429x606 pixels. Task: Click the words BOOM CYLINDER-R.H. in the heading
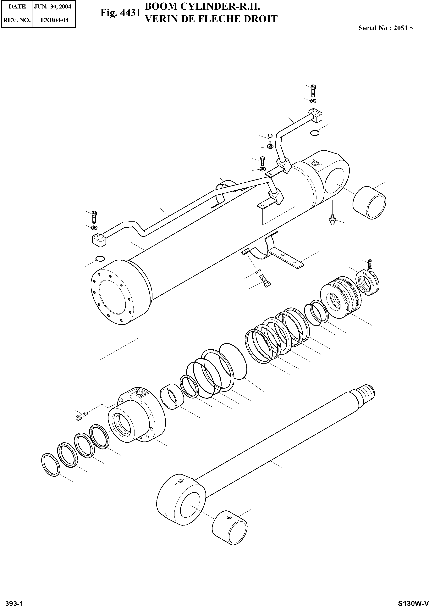[203, 7]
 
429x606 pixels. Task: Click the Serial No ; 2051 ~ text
[386, 28]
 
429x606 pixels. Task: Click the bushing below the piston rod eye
[230, 527]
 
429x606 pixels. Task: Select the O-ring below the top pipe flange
[314, 133]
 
